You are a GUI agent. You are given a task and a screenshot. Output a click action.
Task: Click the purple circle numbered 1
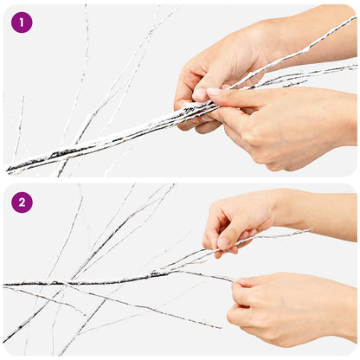click(22, 22)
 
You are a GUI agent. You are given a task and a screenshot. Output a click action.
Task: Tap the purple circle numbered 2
click(22, 202)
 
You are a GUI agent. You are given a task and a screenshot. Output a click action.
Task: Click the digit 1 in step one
click(22, 22)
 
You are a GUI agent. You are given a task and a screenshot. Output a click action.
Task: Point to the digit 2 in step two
click(22, 202)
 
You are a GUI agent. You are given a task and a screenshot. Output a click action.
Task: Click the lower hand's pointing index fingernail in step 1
click(214, 92)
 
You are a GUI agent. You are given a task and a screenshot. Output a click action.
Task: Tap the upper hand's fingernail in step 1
click(200, 93)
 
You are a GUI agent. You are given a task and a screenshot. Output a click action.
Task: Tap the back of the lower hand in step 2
click(292, 309)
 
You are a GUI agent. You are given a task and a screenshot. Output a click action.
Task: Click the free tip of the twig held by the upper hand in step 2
click(312, 230)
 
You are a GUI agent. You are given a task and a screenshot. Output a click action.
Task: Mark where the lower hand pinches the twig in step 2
click(235, 280)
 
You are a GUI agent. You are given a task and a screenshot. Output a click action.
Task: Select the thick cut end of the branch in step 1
click(8, 170)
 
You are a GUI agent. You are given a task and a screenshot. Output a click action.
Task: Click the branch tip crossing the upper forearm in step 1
click(356, 17)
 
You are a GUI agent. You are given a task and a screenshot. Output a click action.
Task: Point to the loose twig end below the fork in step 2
click(220, 328)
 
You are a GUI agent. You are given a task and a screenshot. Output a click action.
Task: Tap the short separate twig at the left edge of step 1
click(19, 127)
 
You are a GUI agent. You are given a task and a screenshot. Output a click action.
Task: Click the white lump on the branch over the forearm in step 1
click(305, 51)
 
